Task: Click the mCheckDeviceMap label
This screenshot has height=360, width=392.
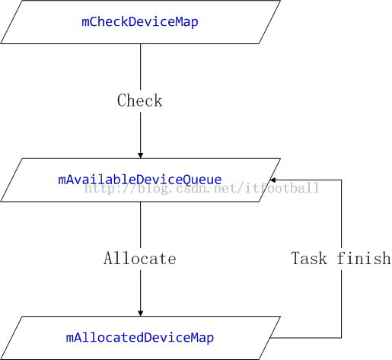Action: point(140,22)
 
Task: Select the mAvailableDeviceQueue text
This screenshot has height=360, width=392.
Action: point(140,180)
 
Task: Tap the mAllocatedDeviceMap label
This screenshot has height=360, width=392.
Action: point(140,338)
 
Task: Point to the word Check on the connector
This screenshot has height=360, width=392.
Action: point(140,100)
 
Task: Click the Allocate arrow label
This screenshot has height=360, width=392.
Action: point(140,258)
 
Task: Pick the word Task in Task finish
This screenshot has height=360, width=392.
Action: point(309,258)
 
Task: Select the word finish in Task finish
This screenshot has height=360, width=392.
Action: point(364,258)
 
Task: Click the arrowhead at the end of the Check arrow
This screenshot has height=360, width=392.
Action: point(141,155)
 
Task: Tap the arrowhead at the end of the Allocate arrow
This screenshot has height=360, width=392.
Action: point(141,314)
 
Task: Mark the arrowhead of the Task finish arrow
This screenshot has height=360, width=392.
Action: point(273,180)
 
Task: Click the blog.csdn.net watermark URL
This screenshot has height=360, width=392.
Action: point(202,188)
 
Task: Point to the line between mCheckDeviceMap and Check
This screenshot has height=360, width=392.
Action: point(141,67)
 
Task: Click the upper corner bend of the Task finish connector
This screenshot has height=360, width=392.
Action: point(341,180)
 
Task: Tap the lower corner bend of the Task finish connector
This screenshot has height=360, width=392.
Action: point(341,338)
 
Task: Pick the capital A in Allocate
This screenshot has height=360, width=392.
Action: point(108,258)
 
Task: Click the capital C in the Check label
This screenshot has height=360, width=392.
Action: point(122,100)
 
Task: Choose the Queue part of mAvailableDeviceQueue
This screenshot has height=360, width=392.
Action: point(202,180)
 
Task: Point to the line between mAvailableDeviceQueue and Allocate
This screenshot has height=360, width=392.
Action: point(141,225)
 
